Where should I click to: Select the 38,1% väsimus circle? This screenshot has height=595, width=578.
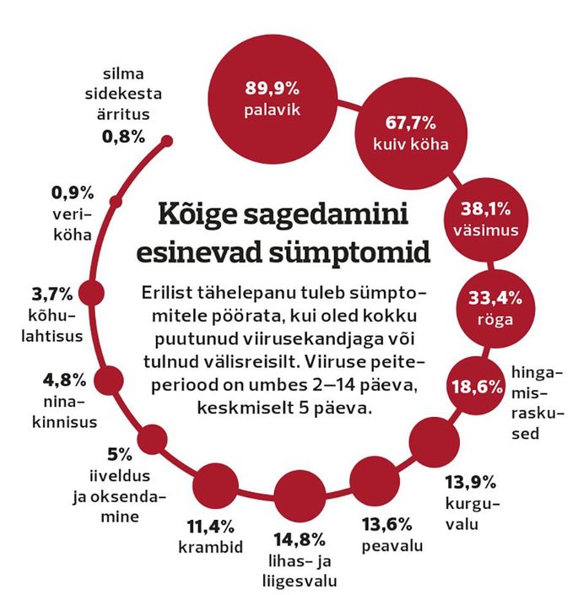(x=483, y=219)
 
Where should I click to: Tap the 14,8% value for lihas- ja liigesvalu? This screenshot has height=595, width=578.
(x=295, y=538)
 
